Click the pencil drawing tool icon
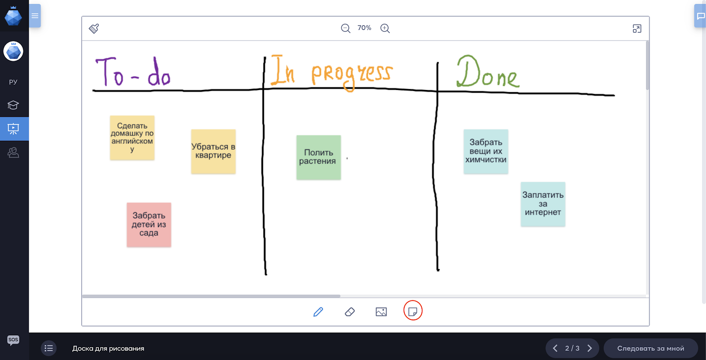318,312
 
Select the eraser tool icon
350,312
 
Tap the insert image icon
381,312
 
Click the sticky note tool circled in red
413,311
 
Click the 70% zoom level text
364,28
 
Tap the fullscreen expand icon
637,29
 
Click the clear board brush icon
94,28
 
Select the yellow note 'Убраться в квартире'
214,151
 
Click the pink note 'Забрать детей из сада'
149,225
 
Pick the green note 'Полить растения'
319,157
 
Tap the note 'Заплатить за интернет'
543,204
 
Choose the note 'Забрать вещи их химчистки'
486,151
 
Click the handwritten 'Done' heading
488,71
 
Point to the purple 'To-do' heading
133,71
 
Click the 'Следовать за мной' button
650,349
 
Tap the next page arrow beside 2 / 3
590,349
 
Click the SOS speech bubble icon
13,340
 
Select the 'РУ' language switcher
13,82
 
